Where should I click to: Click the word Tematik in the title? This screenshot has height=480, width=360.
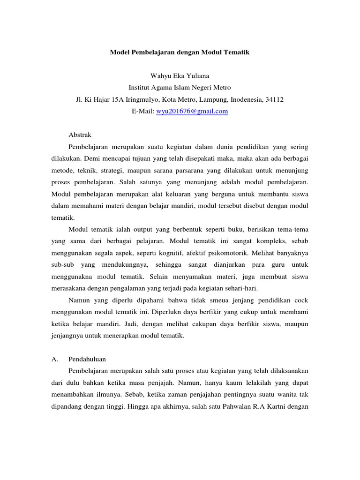click(236, 53)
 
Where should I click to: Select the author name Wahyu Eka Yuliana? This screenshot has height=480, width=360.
click(180, 75)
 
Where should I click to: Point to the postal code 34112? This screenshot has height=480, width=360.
click(274, 99)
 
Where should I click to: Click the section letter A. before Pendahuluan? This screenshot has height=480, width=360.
click(54, 359)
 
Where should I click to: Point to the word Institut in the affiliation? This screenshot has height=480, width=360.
click(140, 87)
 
